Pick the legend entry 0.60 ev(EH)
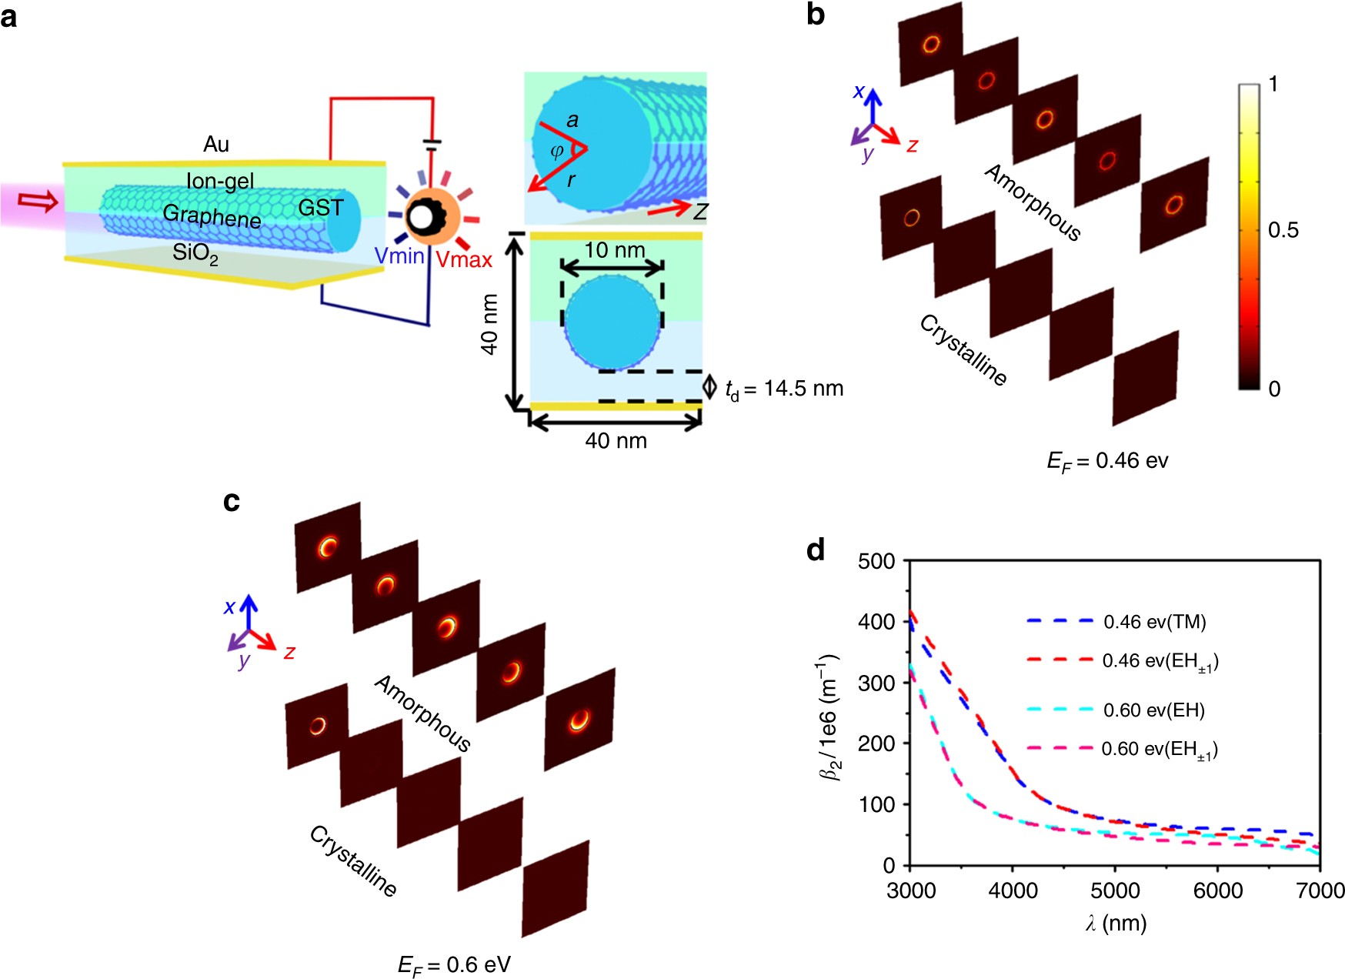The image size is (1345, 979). point(1153,710)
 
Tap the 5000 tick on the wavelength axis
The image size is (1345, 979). point(1115,891)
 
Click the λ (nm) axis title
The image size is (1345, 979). point(1116,922)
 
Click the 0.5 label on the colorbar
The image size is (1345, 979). point(1283,230)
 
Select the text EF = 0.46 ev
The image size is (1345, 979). point(1107,461)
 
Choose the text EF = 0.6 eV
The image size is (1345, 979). point(454,965)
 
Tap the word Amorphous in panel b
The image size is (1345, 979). point(1033,202)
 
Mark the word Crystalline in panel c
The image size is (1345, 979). point(353,860)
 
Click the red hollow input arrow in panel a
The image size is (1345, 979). point(37,202)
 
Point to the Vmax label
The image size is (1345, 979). point(464,260)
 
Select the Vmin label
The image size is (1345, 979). point(399,256)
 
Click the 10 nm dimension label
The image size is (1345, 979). point(614,250)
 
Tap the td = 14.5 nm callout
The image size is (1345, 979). point(784,389)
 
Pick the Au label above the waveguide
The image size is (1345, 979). point(216,145)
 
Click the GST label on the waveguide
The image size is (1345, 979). point(320,208)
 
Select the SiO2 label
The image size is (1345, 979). point(195,252)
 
